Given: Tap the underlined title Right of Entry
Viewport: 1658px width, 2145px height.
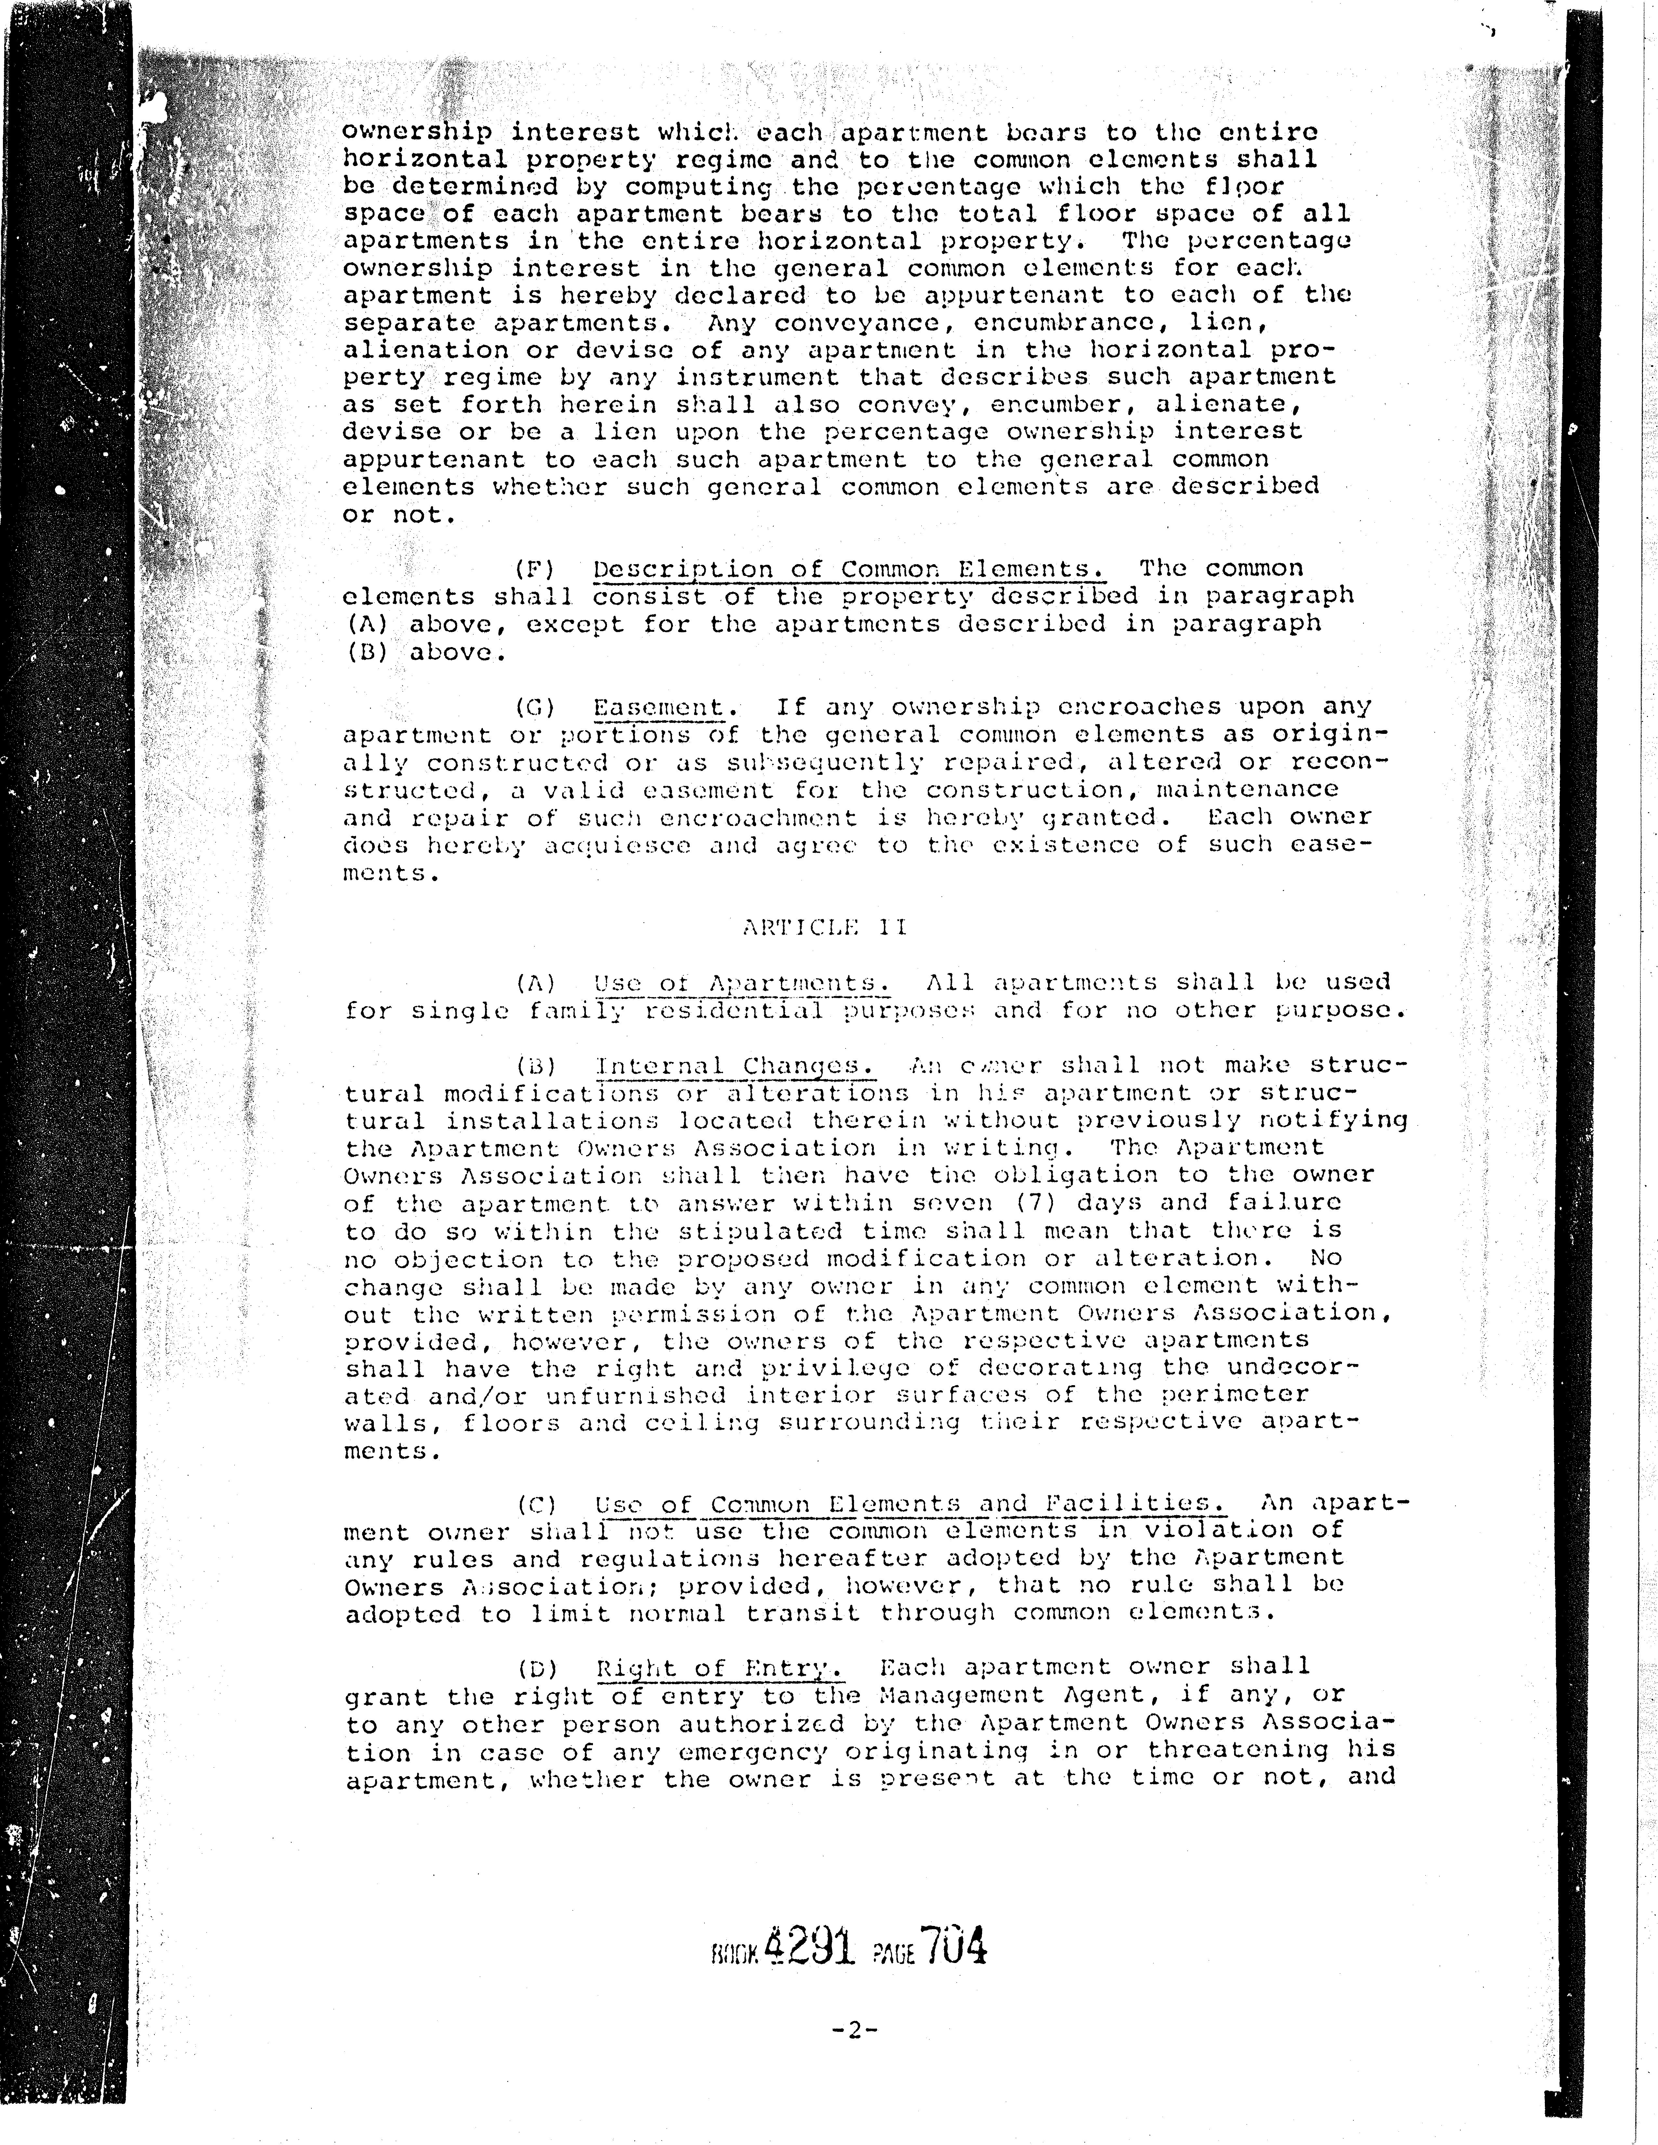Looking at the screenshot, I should (x=719, y=1668).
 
